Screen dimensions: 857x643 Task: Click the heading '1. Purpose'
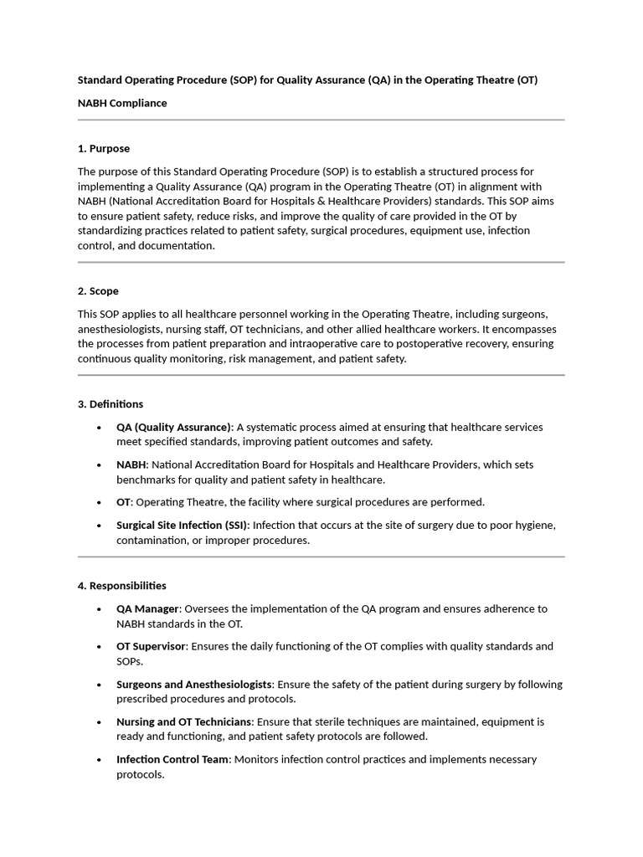104,149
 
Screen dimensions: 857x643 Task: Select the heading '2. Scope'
98,291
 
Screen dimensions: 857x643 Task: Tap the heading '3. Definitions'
111,404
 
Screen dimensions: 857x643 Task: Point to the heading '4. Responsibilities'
122,586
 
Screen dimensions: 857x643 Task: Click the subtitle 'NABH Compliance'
122,104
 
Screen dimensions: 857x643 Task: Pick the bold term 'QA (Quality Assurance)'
173,427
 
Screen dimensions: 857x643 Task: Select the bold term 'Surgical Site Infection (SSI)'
182,526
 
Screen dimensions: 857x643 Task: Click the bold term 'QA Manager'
147,609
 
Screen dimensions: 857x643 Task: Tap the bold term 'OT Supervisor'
151,647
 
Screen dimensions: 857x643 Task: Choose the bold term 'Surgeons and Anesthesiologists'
194,685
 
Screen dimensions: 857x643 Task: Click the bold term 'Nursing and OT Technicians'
183,722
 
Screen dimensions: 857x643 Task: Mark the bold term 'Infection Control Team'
172,760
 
